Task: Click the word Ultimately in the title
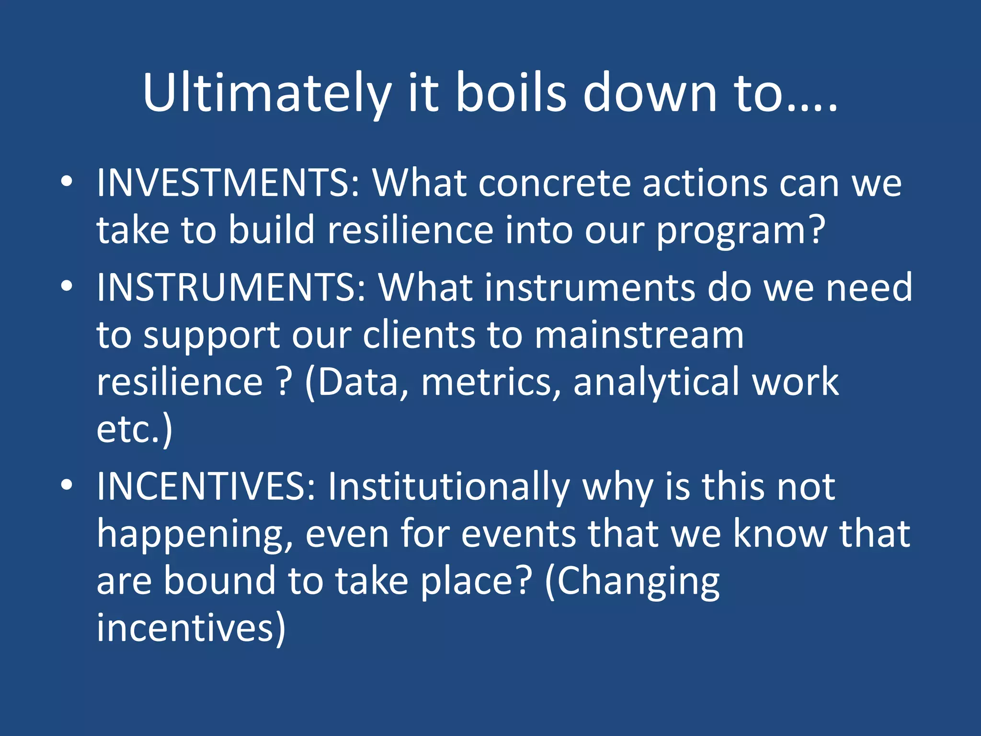(266, 93)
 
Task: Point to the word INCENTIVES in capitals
(206, 487)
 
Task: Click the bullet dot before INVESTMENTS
(67, 182)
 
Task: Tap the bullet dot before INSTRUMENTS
(67, 287)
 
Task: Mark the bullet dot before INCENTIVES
(67, 485)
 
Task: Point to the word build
(271, 230)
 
